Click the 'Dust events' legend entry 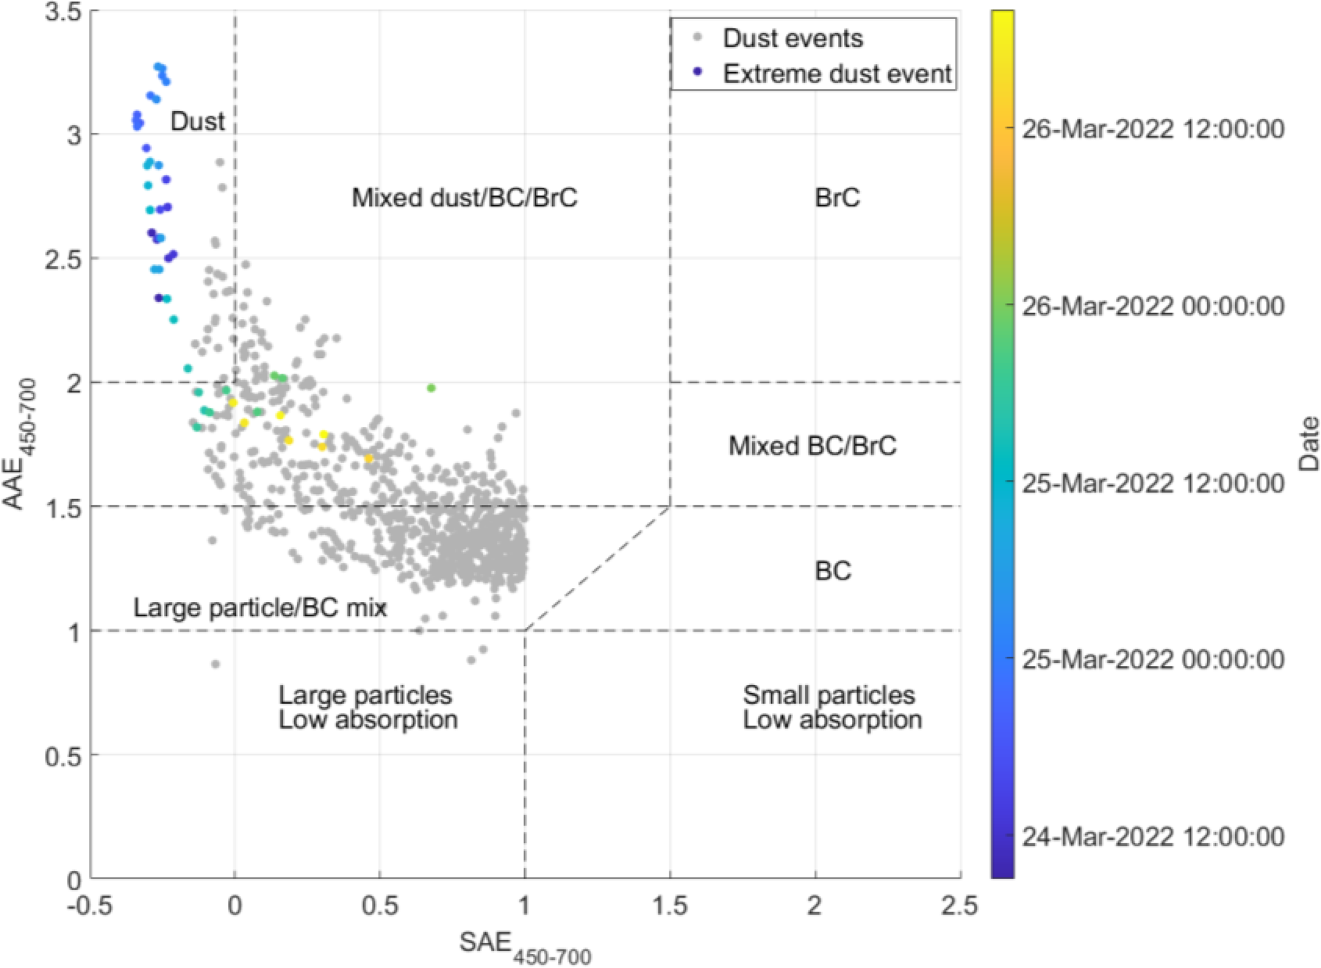click(792, 39)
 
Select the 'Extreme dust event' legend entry click(837, 74)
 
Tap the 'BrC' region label click(837, 198)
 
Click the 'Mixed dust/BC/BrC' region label click(465, 198)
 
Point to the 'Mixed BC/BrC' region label click(812, 446)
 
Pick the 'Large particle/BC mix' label click(259, 608)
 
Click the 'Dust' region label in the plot click(197, 121)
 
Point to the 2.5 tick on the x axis click(959, 906)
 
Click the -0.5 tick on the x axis click(90, 906)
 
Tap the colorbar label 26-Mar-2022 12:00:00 click(1153, 129)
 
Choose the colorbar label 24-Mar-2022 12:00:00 click(1153, 836)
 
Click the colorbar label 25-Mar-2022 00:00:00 click(1153, 659)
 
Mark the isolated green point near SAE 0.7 click(431, 388)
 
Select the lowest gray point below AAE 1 click(215, 665)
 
